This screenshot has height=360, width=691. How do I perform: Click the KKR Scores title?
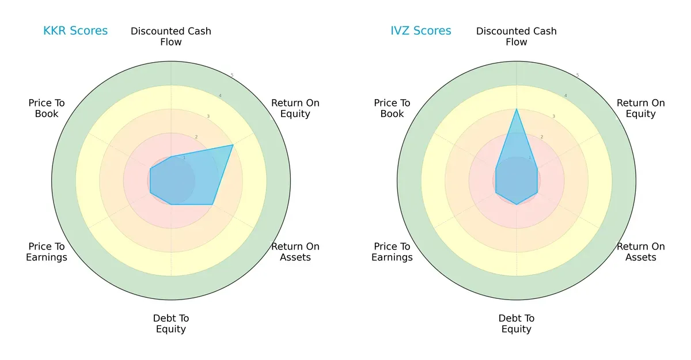click(75, 31)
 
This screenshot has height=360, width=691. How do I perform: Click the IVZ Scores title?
click(421, 31)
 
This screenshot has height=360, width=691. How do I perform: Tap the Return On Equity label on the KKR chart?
click(295, 108)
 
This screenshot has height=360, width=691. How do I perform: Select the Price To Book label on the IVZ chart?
click(392, 108)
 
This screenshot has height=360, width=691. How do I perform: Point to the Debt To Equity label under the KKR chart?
click(171, 324)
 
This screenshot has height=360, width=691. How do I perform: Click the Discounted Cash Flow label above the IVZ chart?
click(517, 36)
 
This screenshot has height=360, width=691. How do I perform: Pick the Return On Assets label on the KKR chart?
click(295, 252)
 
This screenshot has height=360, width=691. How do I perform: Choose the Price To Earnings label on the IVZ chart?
click(392, 252)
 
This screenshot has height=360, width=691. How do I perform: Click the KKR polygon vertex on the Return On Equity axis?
click(233, 145)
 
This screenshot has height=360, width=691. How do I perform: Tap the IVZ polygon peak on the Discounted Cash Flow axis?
click(517, 109)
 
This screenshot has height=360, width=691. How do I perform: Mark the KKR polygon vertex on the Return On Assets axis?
click(212, 204)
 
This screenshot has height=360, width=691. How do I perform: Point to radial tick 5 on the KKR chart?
click(232, 75)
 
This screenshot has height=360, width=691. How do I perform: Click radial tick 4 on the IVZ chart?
click(565, 96)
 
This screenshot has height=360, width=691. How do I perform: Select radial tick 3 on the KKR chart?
click(208, 116)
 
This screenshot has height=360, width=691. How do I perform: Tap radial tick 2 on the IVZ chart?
click(541, 137)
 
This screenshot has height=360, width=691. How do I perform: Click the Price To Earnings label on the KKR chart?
click(47, 252)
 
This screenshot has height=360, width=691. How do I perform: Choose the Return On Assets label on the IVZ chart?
click(640, 252)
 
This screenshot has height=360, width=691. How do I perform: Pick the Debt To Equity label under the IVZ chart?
click(517, 324)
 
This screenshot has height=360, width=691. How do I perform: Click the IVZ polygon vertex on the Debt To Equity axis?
click(517, 204)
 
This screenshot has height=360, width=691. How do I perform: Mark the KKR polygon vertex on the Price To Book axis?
click(150, 169)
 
